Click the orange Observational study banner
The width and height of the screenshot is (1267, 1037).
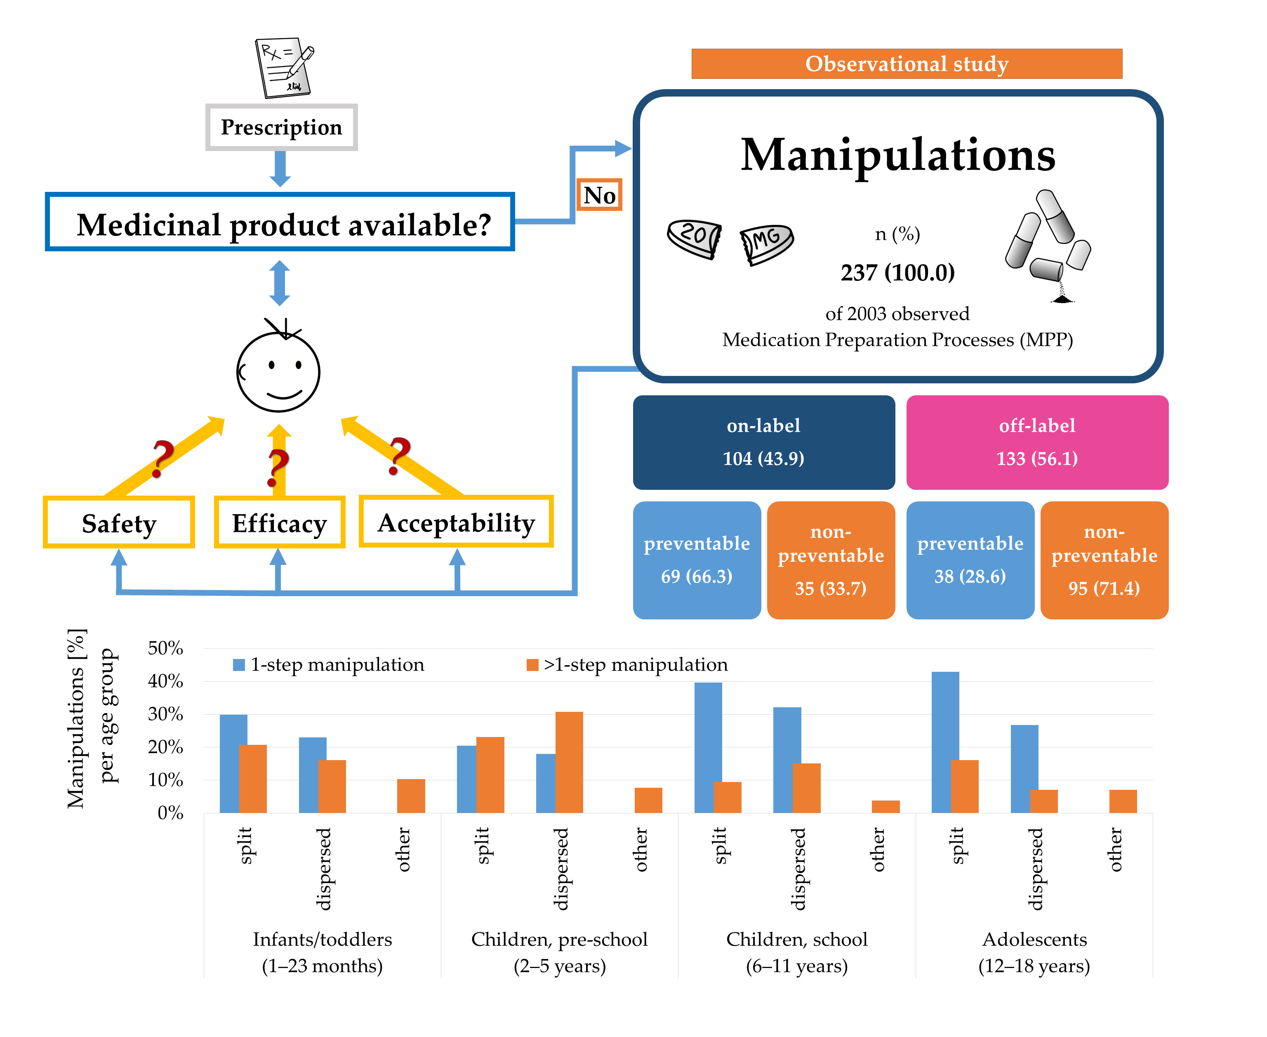[907, 63]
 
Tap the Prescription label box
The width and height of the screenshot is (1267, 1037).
[281, 127]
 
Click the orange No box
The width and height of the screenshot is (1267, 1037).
[599, 195]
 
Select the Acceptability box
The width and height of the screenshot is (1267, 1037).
[456, 522]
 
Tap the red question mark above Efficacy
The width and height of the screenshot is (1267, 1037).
[278, 468]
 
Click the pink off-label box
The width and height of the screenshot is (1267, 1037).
[1037, 442]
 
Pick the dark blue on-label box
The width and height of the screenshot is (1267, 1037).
[764, 442]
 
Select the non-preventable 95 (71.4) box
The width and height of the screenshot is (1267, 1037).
[1104, 560]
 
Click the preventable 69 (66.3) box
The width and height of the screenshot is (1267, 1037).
[697, 560]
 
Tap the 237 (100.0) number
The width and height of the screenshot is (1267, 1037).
[897, 272]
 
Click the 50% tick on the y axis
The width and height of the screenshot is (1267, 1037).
[165, 648]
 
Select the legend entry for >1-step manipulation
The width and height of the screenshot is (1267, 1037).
[627, 664]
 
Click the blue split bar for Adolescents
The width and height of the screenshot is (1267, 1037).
[945, 742]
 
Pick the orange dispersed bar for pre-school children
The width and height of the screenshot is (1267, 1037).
[569, 762]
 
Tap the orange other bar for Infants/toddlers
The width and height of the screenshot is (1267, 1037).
[411, 796]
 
